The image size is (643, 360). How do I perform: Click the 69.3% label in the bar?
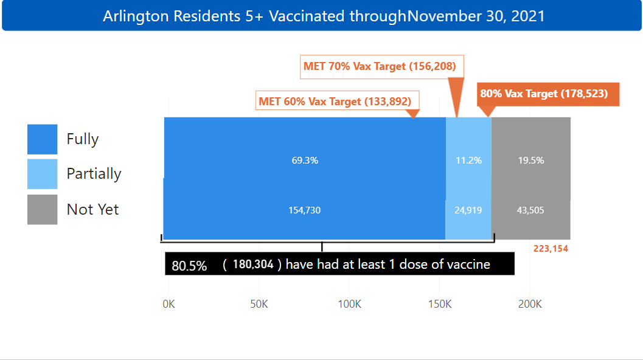click(305, 161)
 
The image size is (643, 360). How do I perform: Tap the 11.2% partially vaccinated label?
click(468, 161)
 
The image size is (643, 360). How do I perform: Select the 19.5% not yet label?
click(530, 161)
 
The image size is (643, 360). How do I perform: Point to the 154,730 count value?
click(305, 210)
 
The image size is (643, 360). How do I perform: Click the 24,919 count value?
click(468, 210)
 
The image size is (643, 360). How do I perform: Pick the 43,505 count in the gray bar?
click(530, 210)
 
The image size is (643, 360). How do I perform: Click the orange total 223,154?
click(551, 249)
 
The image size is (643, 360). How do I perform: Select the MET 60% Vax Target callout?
click(335, 102)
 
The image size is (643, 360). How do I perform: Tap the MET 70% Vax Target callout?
click(380, 66)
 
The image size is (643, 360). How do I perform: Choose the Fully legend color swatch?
click(43, 139)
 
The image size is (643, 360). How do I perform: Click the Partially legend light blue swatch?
click(43, 174)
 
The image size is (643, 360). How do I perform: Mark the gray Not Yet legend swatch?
click(43, 210)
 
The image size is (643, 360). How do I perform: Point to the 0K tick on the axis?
click(169, 304)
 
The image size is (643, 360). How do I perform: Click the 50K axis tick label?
click(259, 304)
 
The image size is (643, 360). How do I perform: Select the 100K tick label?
click(349, 304)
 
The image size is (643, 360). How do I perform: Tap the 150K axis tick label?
click(440, 304)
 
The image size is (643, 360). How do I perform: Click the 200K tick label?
click(530, 304)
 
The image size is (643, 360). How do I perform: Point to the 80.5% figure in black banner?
click(189, 266)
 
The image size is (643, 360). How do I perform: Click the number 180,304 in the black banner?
click(253, 265)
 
